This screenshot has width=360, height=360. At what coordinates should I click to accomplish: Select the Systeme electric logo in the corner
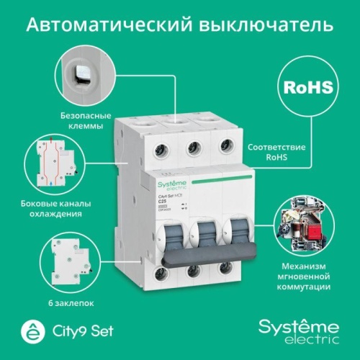tap(304, 329)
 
